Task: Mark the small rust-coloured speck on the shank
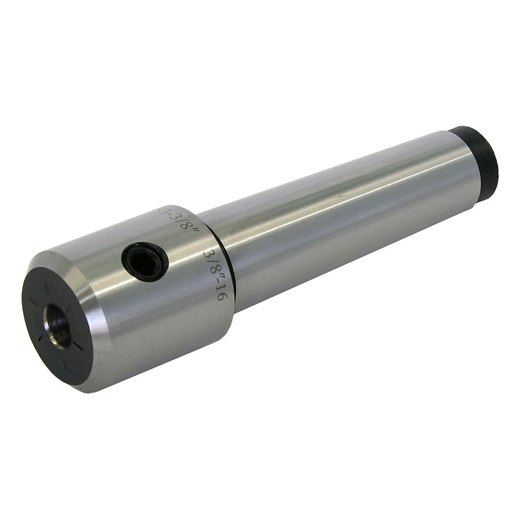click(x=339, y=196)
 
